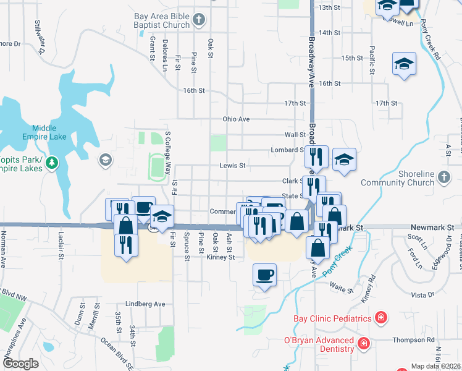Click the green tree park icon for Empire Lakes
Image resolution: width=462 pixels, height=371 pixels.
53,163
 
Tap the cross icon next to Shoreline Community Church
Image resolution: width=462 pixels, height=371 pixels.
443,178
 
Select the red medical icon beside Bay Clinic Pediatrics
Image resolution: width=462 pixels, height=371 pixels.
381,318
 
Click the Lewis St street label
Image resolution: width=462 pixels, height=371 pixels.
233,166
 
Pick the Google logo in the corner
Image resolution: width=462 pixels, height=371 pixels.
20,364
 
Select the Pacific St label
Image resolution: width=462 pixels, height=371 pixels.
372,59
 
